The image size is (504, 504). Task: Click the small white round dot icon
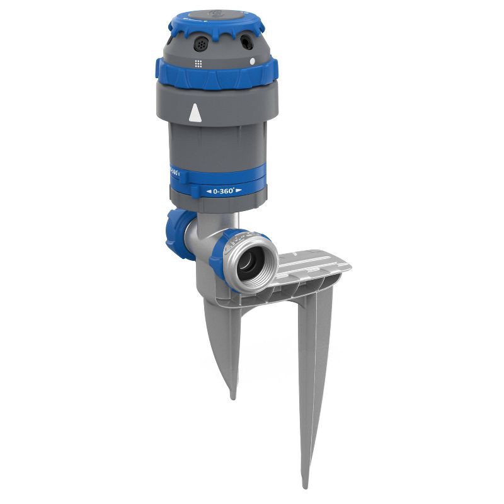[252, 62]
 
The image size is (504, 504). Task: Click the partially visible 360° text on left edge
[174, 171]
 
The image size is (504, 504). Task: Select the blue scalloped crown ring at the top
[217, 25]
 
